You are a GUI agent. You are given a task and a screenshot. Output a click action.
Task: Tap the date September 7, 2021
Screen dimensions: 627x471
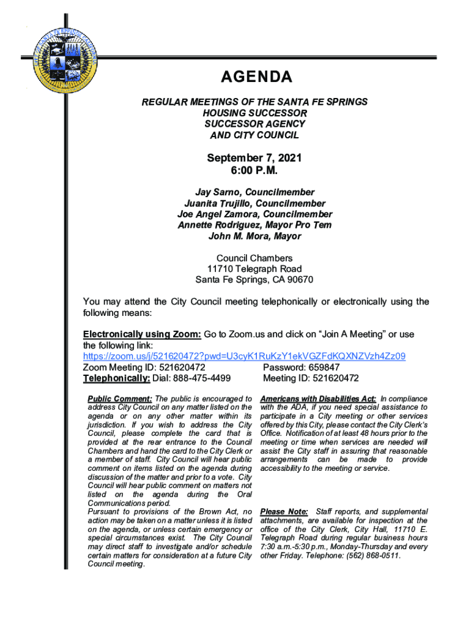tap(254, 159)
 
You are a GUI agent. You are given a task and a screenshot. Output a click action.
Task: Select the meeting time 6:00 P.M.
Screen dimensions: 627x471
tap(254, 170)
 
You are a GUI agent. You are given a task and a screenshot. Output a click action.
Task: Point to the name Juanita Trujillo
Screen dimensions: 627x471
tap(218, 203)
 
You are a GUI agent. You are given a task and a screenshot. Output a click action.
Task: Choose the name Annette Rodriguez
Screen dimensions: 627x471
tap(212, 225)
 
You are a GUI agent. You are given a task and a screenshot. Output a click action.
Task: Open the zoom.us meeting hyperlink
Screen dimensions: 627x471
tap(244, 356)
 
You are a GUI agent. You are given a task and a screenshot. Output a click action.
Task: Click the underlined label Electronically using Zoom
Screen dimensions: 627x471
tap(142, 334)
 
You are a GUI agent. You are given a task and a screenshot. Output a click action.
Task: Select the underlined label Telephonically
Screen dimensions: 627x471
tap(116, 378)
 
